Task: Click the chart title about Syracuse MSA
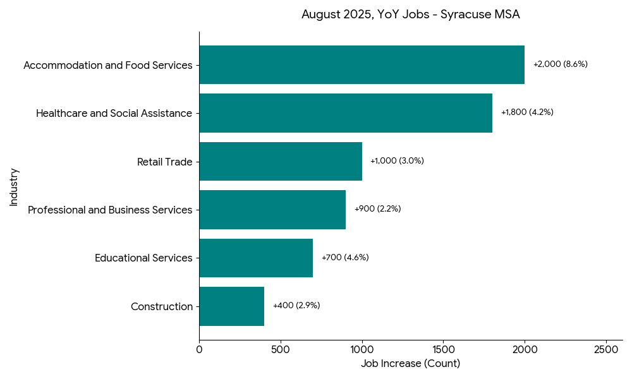point(410,15)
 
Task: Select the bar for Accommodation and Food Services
point(362,64)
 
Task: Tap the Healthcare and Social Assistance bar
point(346,113)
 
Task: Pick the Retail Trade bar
point(281,161)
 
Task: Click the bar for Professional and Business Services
point(272,210)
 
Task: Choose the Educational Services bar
point(256,258)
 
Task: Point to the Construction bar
point(231,306)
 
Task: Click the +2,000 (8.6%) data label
point(560,64)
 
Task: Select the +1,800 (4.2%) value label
point(527,112)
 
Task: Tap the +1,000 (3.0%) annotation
point(397,161)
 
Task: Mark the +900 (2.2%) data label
point(377,209)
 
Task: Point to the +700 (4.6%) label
point(345,258)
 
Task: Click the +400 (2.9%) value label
point(296,306)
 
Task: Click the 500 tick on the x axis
point(281,349)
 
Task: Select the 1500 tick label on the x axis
point(444,349)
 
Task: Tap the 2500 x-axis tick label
point(606,349)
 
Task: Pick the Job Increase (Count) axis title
point(410,364)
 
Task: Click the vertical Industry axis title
point(14,186)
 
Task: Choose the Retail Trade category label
point(164,162)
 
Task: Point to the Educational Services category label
point(143,258)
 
